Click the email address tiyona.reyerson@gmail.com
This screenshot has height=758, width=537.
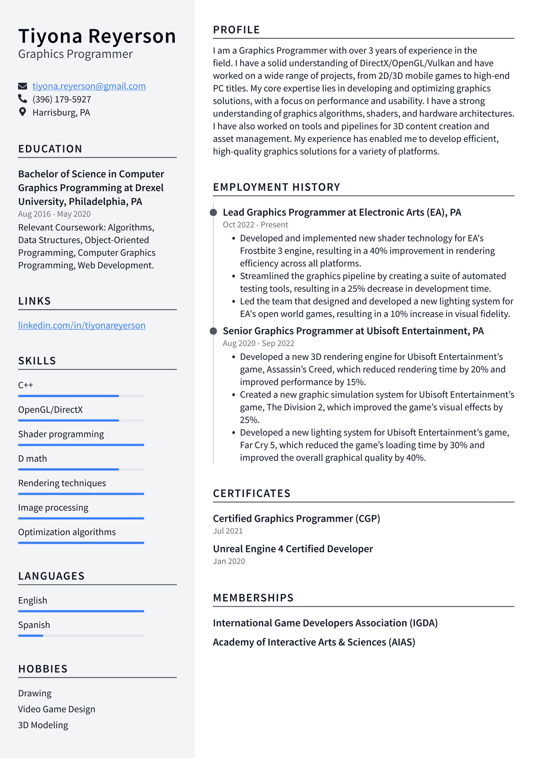[89, 86]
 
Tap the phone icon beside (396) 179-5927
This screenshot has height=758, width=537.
[23, 98]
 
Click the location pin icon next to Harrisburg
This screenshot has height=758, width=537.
[23, 112]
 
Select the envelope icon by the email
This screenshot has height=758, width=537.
[23, 86]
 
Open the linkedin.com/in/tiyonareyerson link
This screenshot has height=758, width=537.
[81, 325]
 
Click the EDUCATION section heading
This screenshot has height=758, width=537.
[50, 149]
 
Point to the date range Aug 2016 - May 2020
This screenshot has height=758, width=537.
[54, 214]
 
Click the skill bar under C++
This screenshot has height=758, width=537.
[81, 396]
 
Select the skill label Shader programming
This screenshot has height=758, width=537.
[61, 434]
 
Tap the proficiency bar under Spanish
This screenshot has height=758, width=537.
[81, 635]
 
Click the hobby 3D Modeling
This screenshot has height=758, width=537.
[43, 725]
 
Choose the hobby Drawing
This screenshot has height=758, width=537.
[35, 693]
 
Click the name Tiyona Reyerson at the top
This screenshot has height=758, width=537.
[97, 36]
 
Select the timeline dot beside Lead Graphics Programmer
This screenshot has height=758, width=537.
[213, 213]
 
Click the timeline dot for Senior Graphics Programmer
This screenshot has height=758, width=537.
[213, 331]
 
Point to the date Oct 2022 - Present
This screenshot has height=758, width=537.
[255, 225]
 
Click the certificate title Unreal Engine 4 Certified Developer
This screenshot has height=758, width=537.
[293, 548]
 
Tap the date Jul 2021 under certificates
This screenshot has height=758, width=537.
[228, 531]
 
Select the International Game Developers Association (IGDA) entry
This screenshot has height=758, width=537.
[325, 623]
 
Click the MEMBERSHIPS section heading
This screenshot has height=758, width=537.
[253, 598]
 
